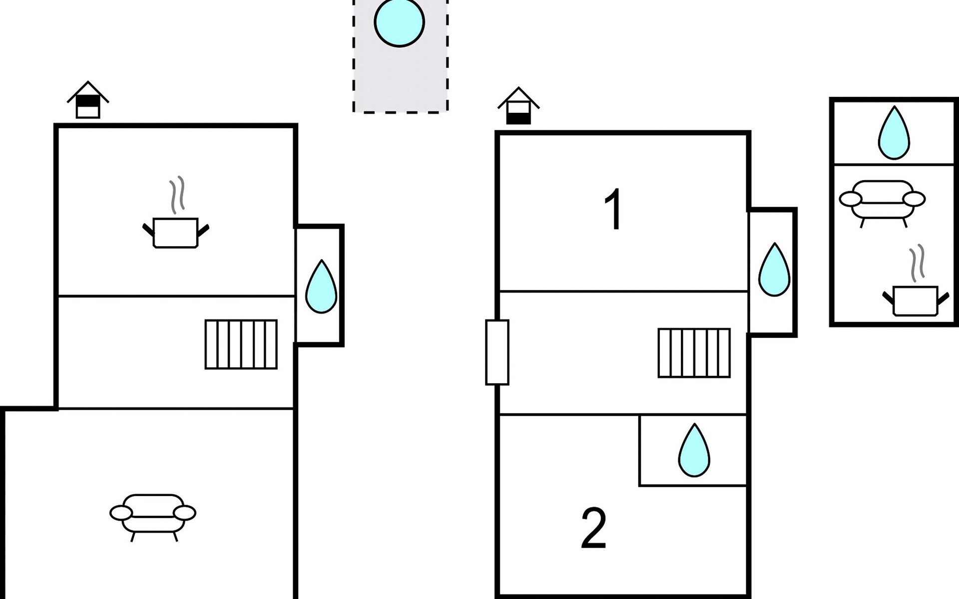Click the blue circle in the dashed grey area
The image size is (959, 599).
[x=399, y=22]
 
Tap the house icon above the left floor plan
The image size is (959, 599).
[x=88, y=100]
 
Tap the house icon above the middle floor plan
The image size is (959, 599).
[x=518, y=106]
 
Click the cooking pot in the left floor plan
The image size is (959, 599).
[x=176, y=233]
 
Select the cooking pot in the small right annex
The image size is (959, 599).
[x=916, y=300]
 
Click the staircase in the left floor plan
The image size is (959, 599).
[x=241, y=344]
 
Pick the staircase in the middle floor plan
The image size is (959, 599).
[x=694, y=353]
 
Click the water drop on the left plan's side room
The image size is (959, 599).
[x=321, y=287]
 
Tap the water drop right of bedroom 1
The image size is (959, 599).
[x=774, y=270]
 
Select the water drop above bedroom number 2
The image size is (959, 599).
[x=694, y=450]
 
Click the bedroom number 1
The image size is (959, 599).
[x=613, y=209]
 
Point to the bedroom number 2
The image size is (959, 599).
[x=594, y=528]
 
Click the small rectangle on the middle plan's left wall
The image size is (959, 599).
[x=497, y=352]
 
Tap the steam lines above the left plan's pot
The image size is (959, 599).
[x=177, y=195]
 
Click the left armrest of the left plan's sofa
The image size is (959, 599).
[x=121, y=513]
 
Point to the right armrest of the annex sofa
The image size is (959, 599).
[x=914, y=199]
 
